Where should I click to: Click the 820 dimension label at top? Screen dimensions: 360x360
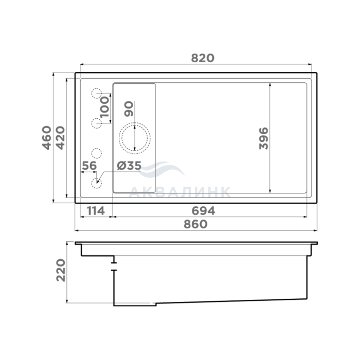click(x=203, y=58)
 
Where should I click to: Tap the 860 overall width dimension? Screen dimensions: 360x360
click(x=195, y=224)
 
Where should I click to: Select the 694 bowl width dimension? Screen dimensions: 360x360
click(x=204, y=211)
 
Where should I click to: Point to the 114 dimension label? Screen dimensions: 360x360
click(x=96, y=211)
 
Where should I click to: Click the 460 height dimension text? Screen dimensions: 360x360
click(x=47, y=138)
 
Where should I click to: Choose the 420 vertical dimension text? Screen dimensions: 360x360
click(x=60, y=138)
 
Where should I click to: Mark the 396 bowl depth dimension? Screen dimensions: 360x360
click(x=263, y=138)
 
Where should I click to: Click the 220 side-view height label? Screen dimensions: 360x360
click(x=61, y=270)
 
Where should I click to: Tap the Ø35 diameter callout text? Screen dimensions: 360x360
click(x=129, y=166)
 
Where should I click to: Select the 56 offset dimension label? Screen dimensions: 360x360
click(x=89, y=166)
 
